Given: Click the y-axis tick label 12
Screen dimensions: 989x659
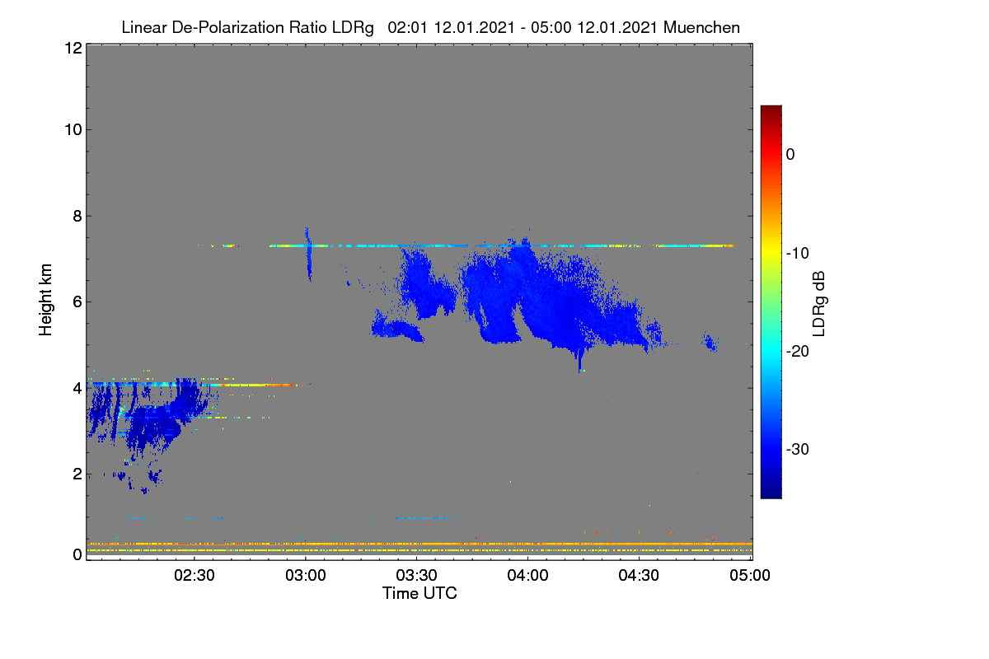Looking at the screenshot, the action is tap(73, 48).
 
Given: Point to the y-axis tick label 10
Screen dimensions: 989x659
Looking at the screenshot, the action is tap(73, 130).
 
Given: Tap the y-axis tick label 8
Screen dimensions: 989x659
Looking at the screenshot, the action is tap(77, 216).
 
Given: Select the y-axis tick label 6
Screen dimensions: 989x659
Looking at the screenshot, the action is tap(77, 302).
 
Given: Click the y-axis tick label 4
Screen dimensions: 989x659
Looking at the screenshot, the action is tap(77, 389).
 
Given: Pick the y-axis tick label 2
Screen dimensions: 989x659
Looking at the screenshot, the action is tap(77, 474).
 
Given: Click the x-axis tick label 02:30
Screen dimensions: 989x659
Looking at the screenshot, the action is tap(195, 576).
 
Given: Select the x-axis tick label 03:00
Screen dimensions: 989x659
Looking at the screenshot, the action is tap(306, 576).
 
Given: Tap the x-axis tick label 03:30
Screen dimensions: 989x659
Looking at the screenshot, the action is tap(416, 576).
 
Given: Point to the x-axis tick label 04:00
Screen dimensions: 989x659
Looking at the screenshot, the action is tap(527, 576).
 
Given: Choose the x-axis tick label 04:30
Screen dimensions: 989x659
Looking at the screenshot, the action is tap(639, 576).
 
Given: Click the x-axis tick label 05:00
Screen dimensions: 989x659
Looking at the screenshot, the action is tap(750, 576).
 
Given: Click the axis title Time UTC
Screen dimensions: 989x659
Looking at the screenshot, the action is tap(420, 593).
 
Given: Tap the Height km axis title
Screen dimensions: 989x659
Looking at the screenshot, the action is tap(45, 300).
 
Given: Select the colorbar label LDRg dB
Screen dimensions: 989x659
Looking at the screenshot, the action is tap(819, 304).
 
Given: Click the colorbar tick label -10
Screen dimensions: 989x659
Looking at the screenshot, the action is tap(798, 254).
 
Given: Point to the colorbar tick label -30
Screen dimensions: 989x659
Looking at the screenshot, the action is tap(798, 449).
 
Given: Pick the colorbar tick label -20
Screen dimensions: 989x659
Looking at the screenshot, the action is tap(798, 352).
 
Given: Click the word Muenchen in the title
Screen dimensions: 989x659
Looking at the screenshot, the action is tap(701, 28).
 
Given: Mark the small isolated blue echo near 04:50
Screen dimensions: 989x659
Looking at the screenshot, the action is tap(710, 342).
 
